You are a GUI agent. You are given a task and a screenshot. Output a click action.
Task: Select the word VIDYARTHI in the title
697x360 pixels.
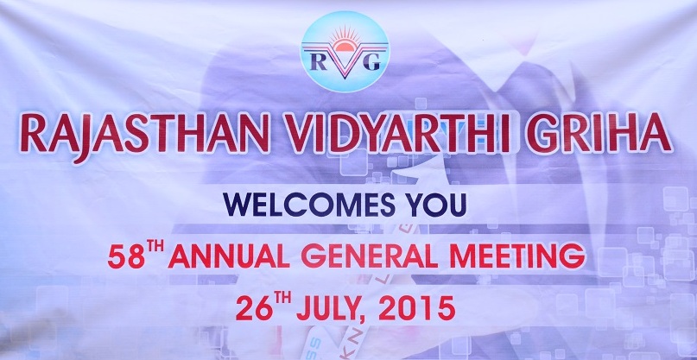tap(398, 133)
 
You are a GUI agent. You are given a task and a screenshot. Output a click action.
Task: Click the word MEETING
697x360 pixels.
tap(518, 257)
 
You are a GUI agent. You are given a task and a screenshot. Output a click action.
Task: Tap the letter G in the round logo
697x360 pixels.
tap(371, 62)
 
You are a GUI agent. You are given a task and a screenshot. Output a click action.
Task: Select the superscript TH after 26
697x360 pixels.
tap(282, 296)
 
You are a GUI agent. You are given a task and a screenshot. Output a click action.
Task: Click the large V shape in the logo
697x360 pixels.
tap(345, 61)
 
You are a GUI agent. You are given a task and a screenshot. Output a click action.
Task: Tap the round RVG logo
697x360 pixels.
tap(345, 51)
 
